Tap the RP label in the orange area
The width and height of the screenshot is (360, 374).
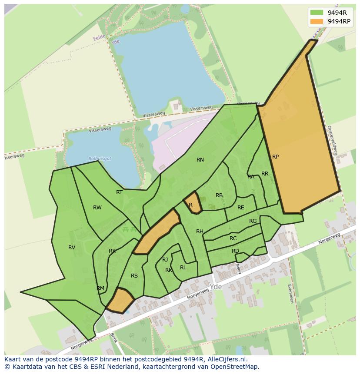coord(275,157)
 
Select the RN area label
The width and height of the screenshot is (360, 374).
coord(200,160)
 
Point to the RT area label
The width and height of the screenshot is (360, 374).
coord(119,192)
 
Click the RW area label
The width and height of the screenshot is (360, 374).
coord(97,208)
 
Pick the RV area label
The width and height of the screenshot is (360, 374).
coord(72,248)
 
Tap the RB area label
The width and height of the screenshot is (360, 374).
coord(219,195)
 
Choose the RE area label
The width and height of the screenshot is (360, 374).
coord(241,208)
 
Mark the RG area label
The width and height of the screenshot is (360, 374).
coord(253,221)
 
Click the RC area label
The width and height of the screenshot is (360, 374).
coord(233,238)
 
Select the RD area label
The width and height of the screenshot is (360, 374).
coord(235,251)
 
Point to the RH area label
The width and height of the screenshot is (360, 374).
coord(200,232)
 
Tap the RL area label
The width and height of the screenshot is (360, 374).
coord(183,268)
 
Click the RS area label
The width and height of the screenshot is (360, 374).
coord(134,276)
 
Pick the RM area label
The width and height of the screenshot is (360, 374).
coord(100,288)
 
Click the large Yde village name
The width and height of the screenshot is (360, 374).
coord(215,287)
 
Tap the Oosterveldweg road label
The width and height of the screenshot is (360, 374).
coord(332,141)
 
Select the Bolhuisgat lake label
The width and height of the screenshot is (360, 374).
coord(100,159)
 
